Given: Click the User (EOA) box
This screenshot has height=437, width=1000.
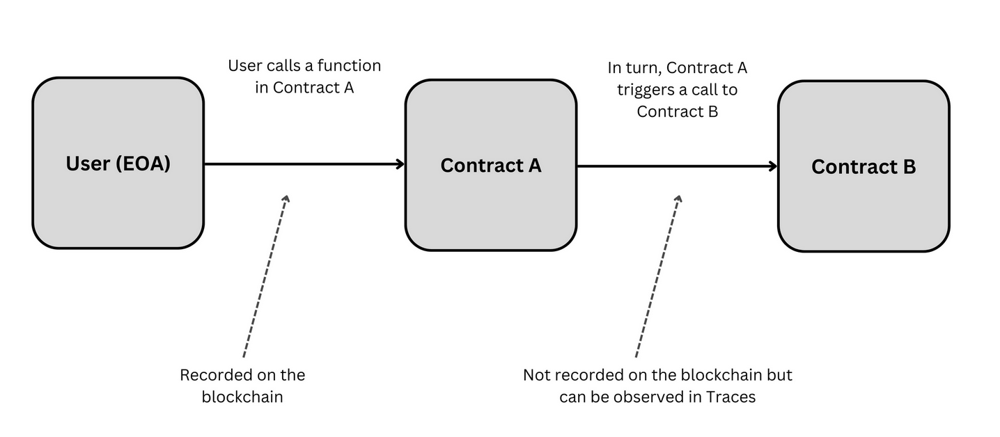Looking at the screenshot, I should pos(118,163).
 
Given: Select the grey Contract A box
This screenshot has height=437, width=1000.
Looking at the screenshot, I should pos(491,165).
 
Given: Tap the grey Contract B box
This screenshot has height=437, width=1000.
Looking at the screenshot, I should pos(864,166).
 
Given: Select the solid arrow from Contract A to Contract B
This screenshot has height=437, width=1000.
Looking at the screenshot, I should pos(675,166).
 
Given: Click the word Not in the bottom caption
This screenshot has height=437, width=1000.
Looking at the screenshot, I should pos(537,375).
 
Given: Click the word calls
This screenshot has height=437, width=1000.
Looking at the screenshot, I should pos(283,66).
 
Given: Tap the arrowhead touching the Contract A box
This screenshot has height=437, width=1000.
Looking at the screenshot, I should pos(400,164).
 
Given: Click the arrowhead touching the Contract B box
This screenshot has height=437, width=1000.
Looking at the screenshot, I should pos(773,166).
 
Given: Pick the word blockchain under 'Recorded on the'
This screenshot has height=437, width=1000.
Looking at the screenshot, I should pos(242,397).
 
